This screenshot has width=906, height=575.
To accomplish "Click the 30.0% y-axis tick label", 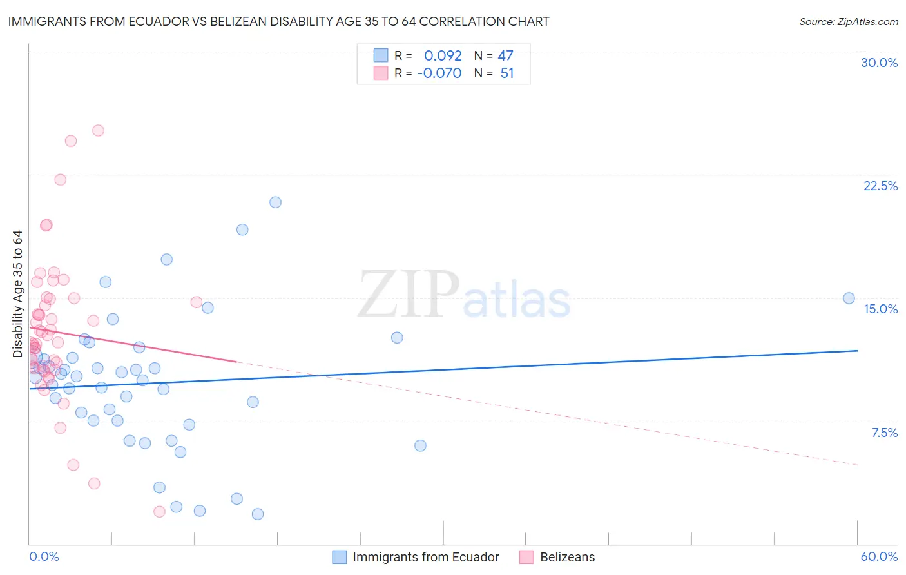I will click(x=879, y=63).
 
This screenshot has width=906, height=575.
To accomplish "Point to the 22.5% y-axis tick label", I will click(x=880, y=186).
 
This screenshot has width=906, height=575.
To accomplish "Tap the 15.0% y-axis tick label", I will click(x=880, y=309).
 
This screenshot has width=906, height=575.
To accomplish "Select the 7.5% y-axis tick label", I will click(x=884, y=433).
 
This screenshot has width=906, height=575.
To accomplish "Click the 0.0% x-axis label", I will click(x=44, y=556).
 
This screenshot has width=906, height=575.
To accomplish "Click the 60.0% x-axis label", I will click(x=879, y=556).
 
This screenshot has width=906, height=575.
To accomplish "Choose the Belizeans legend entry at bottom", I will click(x=567, y=557).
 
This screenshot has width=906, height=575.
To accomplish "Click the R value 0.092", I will click(x=443, y=55).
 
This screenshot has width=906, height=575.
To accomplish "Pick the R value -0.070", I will click(x=439, y=73).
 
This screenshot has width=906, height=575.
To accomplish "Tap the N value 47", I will click(x=505, y=55).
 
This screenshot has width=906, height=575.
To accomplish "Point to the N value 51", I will click(x=507, y=73).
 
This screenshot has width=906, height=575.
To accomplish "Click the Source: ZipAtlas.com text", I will click(x=848, y=21).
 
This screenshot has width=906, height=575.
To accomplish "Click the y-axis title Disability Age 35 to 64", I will click(x=17, y=293).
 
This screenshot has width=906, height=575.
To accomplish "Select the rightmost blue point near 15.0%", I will click(x=849, y=298).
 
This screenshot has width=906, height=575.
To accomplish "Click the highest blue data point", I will click(x=275, y=202).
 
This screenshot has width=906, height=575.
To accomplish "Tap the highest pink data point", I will click(x=98, y=130).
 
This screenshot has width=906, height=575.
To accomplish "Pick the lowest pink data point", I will click(x=159, y=511).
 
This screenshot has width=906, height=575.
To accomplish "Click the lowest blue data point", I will click(x=257, y=514).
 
